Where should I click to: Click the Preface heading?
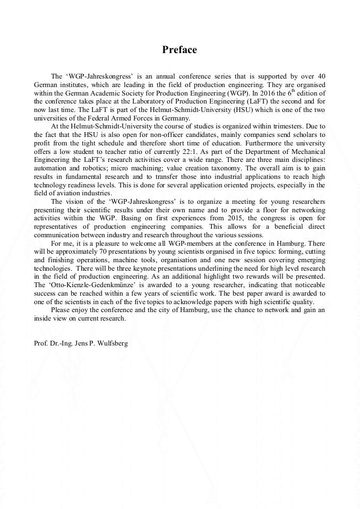coord(179,50)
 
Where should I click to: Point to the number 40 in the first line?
coord(321,77)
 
